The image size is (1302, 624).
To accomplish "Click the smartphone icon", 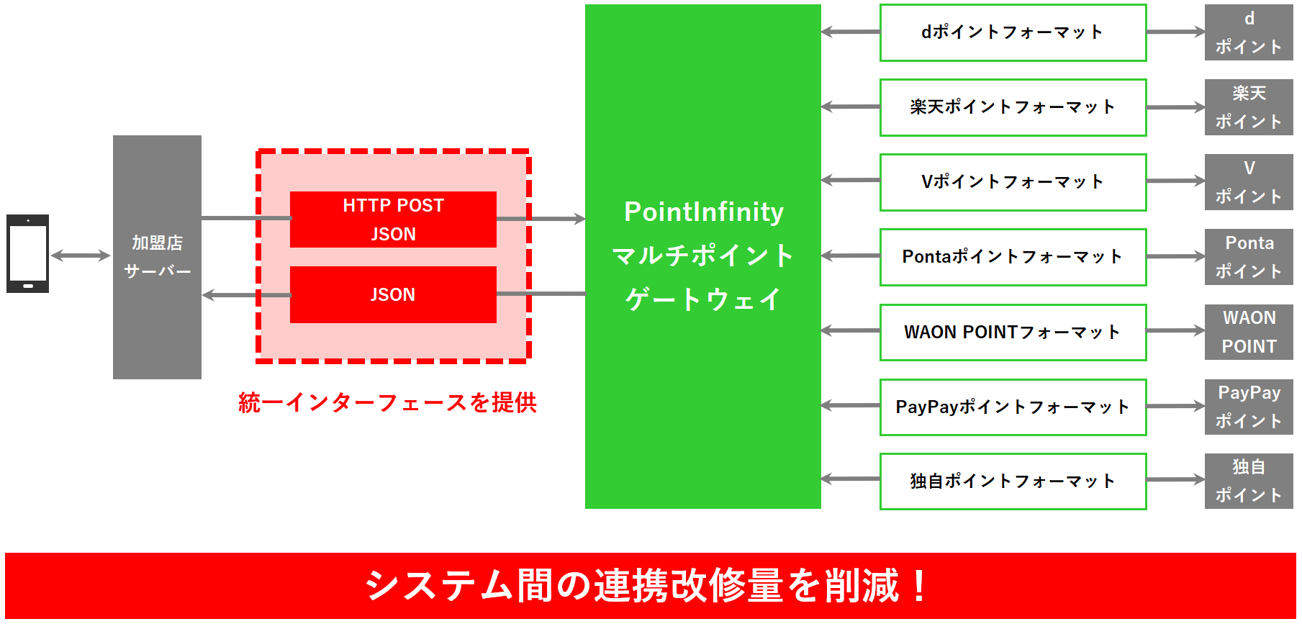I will [27, 253].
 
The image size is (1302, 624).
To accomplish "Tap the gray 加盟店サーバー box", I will [157, 256].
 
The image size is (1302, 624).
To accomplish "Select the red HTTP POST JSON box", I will [393, 220].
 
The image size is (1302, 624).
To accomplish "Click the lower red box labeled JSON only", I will [393, 294].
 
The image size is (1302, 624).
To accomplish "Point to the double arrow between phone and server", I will [80, 256].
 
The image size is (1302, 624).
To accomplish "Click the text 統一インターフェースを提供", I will [387, 402].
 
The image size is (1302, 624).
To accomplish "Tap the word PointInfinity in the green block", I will [703, 212].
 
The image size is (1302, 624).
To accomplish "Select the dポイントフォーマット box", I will [1013, 32].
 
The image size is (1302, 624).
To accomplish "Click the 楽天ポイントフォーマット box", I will [1013, 107].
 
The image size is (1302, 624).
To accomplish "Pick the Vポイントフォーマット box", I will [1013, 182].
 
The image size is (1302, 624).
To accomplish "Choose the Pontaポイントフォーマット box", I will [1013, 257].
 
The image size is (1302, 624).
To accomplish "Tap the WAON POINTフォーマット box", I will [1013, 332].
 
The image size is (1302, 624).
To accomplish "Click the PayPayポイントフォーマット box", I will [1013, 407].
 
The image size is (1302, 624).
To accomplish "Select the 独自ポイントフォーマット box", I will [1013, 481].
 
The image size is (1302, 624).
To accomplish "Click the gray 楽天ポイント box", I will [1249, 107].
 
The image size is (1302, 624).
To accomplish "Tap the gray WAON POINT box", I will [1249, 332].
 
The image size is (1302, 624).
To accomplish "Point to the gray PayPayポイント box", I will [1249, 407].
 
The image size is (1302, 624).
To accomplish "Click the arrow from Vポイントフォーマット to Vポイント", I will [1175, 181].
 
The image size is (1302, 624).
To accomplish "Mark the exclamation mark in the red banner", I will [919, 585].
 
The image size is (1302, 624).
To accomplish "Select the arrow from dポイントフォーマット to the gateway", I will [850, 32].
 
